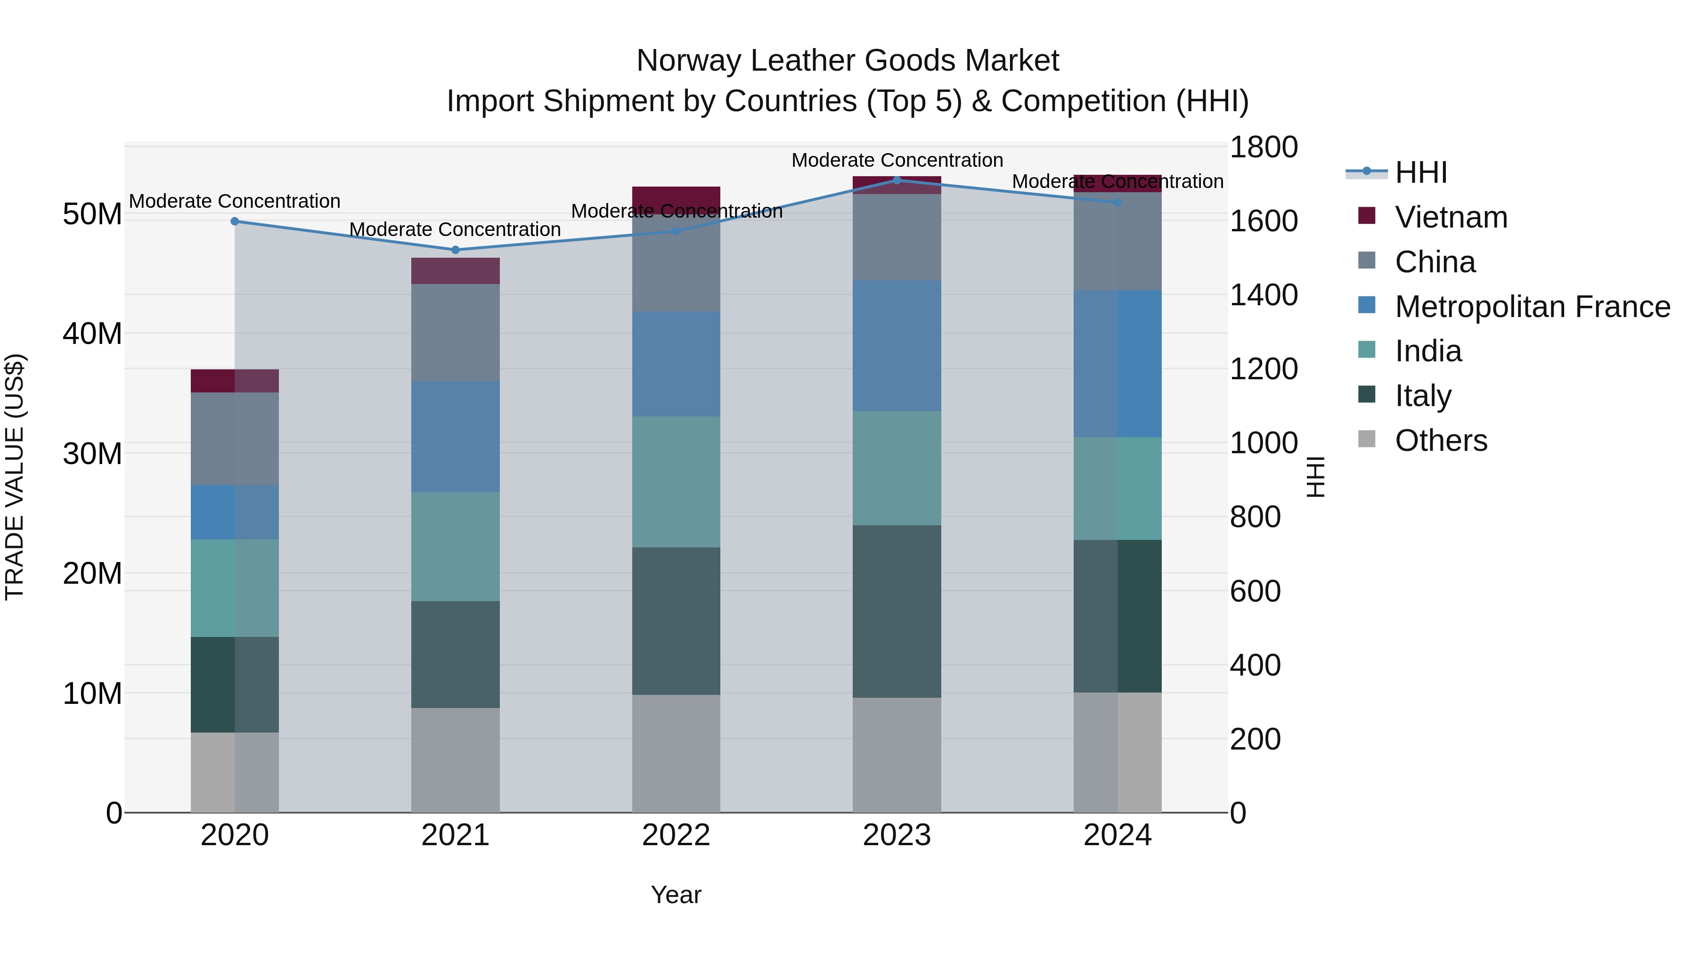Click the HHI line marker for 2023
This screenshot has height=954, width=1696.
pos(896,180)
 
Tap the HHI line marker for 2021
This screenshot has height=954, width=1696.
pos(455,250)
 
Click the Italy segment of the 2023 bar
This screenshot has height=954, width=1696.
pos(896,611)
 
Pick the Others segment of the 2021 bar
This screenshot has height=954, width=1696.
pos(455,760)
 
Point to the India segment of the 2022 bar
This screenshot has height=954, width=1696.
pos(676,481)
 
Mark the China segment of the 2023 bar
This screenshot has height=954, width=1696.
pos(896,237)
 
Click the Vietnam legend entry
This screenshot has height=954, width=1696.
pos(1451,217)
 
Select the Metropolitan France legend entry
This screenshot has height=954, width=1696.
pos(1532,307)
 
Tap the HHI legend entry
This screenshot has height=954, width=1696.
pos(1421,172)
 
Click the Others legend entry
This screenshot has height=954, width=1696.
pos(1441,440)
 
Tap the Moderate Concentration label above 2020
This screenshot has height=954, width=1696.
pos(235,201)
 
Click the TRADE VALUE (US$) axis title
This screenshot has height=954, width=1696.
pos(15,477)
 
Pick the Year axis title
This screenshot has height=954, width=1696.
pos(676,895)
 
